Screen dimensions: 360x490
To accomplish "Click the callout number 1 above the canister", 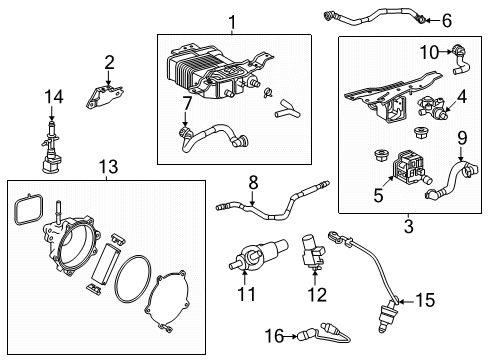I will coord(231,21).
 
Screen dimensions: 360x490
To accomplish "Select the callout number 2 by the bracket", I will coord(110,62).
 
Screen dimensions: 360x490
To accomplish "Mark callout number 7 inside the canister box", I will coord(186,103).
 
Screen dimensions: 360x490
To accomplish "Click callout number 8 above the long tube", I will coord(253,183).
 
